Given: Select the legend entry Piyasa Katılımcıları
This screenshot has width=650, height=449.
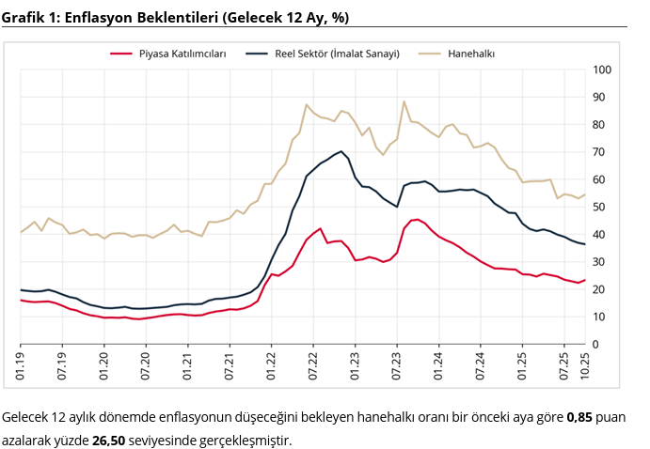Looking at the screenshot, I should point(182,54).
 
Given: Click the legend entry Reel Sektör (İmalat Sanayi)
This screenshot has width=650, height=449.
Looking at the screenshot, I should point(337,54).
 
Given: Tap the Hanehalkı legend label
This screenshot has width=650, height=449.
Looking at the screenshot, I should point(471,54).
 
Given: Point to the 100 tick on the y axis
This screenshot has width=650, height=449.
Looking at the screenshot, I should point(603,70).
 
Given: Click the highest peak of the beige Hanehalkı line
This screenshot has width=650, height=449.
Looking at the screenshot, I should point(404,101).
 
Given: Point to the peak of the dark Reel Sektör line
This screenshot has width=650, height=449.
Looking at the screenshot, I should point(341,150).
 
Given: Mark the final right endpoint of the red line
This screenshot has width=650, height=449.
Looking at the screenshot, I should point(585,280).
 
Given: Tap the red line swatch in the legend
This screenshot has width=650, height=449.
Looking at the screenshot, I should point(121,54).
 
